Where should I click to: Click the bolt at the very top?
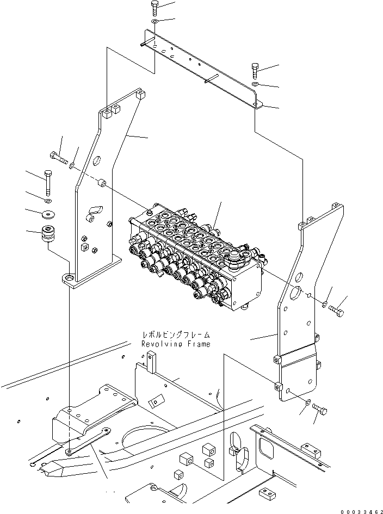pos(155,8)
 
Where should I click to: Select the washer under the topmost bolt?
pos(155,21)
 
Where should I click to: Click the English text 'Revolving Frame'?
pos(175,344)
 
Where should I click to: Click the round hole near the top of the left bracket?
pos(97,161)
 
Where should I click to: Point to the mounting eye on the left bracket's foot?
pos(69,278)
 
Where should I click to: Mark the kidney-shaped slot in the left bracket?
pos(96,208)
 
